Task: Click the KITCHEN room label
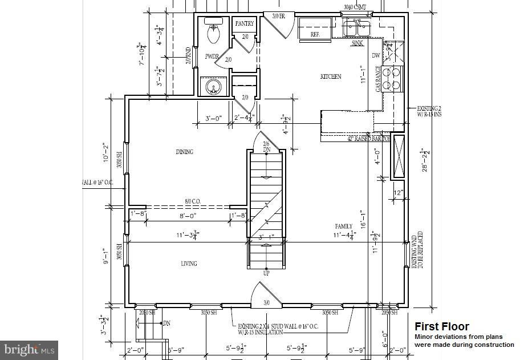(x=331, y=76)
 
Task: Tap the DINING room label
(x=184, y=152)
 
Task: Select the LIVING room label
(x=189, y=264)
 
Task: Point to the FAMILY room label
(x=343, y=226)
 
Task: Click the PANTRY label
(x=245, y=23)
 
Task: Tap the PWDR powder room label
(x=212, y=56)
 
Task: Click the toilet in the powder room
(x=214, y=33)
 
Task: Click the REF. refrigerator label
(x=315, y=34)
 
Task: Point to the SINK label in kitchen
(x=358, y=43)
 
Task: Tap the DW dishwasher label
(x=376, y=55)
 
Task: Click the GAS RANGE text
(x=378, y=79)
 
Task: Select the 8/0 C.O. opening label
(x=192, y=201)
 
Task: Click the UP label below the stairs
(x=266, y=273)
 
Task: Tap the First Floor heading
(x=441, y=326)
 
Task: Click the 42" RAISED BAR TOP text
(x=369, y=139)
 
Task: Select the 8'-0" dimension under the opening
(x=188, y=216)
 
